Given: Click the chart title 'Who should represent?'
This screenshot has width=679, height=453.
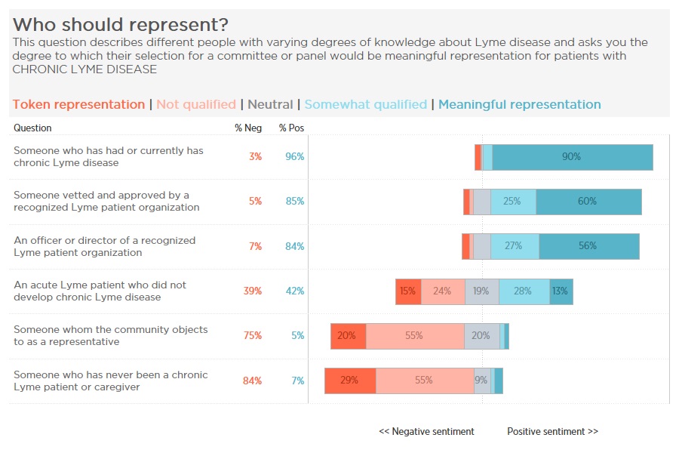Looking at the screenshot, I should (121, 25).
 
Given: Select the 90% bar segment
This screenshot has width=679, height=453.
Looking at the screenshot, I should (572, 157).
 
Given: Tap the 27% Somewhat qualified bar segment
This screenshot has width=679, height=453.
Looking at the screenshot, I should (515, 246).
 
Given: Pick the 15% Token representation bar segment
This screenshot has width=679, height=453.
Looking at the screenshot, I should (408, 291).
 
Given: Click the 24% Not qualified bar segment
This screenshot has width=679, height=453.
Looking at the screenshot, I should (443, 291).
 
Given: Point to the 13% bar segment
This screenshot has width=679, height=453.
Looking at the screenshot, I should (561, 291).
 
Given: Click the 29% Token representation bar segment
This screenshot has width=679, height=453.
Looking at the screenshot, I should (350, 381).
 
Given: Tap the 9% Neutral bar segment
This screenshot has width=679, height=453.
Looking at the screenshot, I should (481, 381).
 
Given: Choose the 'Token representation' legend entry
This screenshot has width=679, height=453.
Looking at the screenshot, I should (78, 105).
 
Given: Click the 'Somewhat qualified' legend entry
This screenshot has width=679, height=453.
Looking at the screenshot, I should (366, 105).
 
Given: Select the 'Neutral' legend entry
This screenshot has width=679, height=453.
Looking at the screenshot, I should (270, 105).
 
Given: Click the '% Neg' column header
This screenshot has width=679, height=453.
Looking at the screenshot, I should (248, 128).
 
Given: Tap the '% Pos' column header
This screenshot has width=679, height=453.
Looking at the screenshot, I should (291, 128).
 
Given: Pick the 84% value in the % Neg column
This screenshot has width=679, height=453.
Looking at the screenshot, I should (252, 381).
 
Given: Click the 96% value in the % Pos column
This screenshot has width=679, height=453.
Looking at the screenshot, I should (294, 157).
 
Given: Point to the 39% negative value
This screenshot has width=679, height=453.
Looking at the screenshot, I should (252, 291).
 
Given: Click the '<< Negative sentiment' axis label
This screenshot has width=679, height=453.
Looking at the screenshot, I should (426, 432).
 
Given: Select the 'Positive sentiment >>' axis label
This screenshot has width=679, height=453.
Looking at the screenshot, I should (552, 432).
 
